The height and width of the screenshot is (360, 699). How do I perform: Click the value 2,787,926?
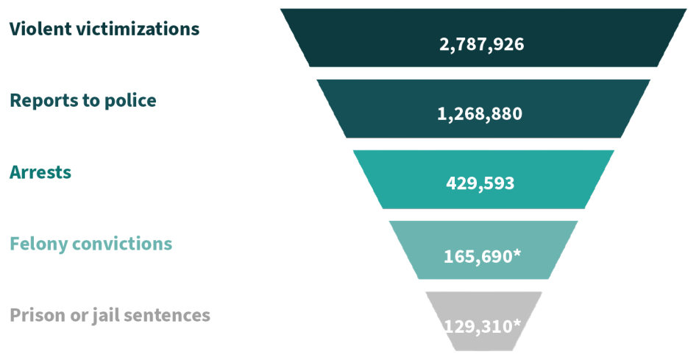[482, 43]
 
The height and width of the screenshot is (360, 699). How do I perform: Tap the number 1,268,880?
[482, 114]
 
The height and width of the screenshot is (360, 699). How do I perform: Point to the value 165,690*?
[482, 256]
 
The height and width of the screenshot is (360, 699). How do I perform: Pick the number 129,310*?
[483, 325]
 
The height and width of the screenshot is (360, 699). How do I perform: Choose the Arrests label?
[40, 172]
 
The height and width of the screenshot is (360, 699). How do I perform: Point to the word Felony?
[38, 244]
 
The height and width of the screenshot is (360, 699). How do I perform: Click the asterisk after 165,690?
[517, 253]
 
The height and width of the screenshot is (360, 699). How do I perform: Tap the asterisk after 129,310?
[518, 322]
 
